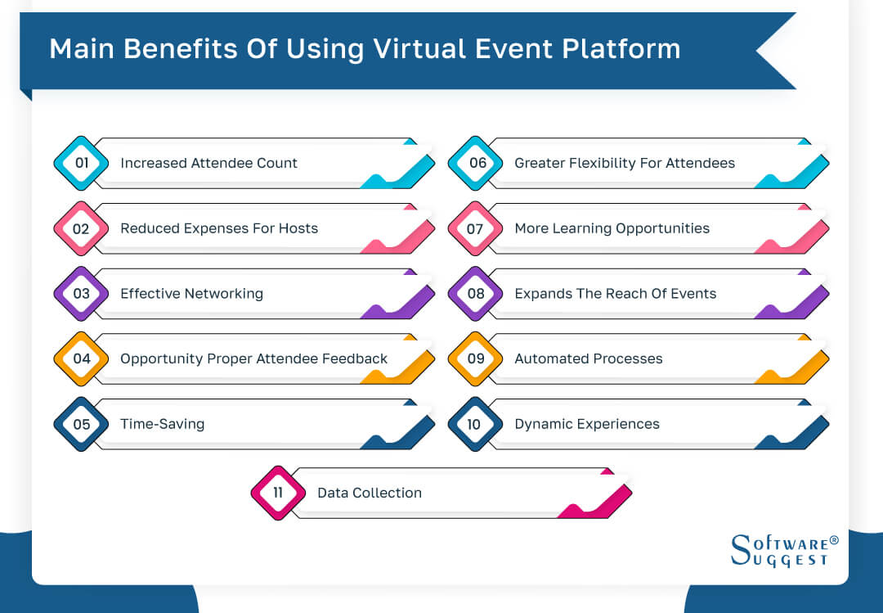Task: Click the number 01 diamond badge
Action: click(81, 163)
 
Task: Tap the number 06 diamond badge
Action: click(476, 163)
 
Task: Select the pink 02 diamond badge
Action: click(81, 228)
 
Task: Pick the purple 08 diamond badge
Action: click(476, 294)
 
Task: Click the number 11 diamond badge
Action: click(278, 493)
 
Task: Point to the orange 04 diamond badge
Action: click(81, 358)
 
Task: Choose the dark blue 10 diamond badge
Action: click(476, 424)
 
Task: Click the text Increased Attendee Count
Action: click(208, 163)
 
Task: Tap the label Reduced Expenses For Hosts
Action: click(219, 228)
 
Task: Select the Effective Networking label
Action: click(191, 294)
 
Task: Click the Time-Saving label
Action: click(162, 424)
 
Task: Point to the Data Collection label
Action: click(370, 493)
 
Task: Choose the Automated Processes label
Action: click(588, 358)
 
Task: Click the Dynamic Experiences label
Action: click(586, 424)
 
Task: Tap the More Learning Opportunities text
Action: click(612, 228)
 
